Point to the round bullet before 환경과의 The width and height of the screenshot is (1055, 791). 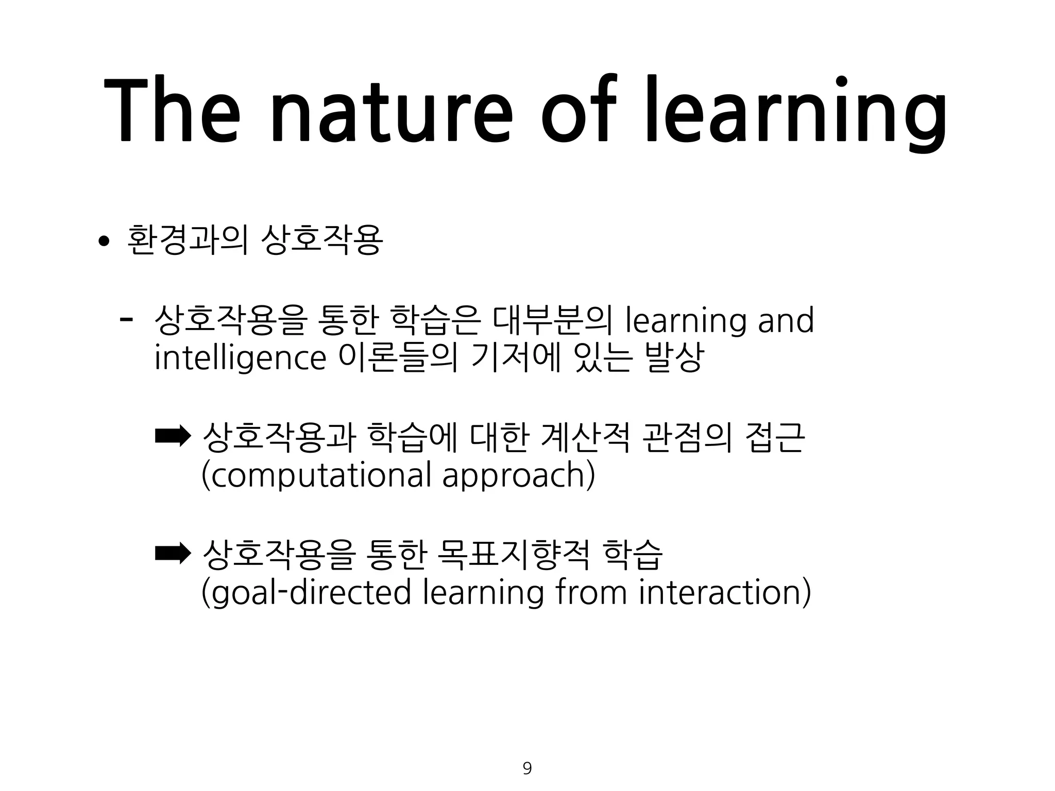pyautogui.click(x=104, y=241)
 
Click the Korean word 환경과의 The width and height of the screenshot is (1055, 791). pyautogui.click(x=188, y=240)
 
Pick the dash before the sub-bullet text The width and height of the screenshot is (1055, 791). pyautogui.click(x=125, y=319)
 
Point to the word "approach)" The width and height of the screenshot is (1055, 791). pyautogui.click(x=518, y=475)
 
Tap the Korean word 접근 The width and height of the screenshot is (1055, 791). pyautogui.click(x=775, y=438)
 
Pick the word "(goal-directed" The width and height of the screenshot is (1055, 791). pyautogui.click(x=306, y=592)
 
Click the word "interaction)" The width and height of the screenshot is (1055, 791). pyautogui.click(x=724, y=592)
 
